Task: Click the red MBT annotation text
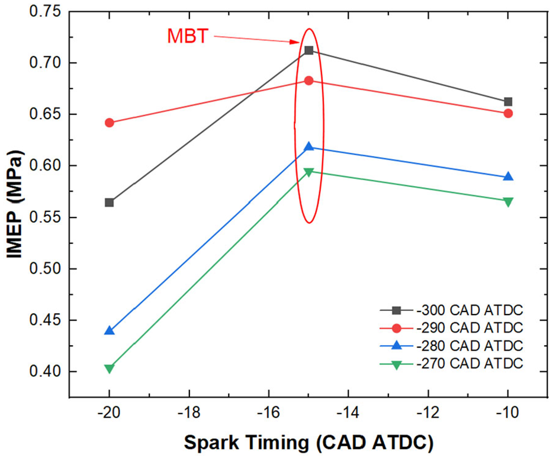[188, 36]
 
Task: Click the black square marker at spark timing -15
[309, 50]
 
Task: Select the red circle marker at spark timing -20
[110, 123]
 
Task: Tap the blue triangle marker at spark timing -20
[110, 330]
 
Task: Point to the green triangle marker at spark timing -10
[508, 202]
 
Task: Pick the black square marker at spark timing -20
[110, 203]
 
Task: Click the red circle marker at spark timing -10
[508, 113]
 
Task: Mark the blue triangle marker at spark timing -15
[309, 146]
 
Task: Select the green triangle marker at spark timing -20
[110, 369]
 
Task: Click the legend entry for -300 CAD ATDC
[451, 310]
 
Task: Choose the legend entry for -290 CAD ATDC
[451, 328]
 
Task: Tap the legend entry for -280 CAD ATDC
[451, 346]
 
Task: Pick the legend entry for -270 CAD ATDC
[451, 364]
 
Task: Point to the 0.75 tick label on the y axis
[45, 11]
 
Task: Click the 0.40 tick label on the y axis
[45, 371]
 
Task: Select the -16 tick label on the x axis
[269, 412]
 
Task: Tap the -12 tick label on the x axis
[428, 412]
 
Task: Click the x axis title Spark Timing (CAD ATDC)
[308, 442]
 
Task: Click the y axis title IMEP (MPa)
[15, 204]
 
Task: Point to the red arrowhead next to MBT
[295, 42]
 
